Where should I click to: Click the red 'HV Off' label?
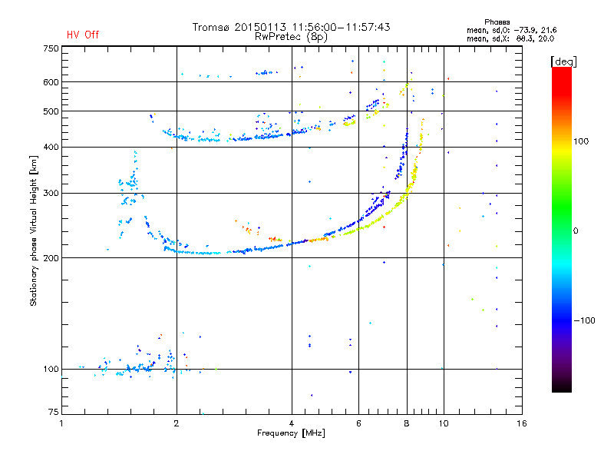coord(82,35)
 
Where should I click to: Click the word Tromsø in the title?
coord(210,27)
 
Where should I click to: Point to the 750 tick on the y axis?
coord(51,48)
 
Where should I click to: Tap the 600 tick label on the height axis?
coord(51,82)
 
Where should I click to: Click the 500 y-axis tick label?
coord(51,111)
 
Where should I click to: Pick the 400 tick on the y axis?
coord(51,147)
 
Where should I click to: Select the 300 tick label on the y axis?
coord(51,193)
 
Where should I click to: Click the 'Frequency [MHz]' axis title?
coord(292,433)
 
